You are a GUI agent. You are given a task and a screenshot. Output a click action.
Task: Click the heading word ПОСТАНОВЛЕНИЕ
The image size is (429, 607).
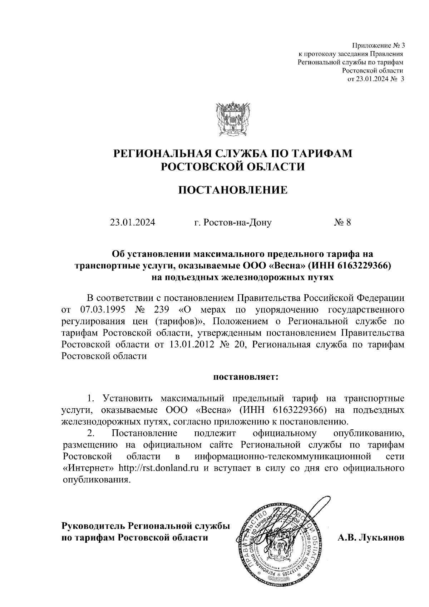tap(233, 190)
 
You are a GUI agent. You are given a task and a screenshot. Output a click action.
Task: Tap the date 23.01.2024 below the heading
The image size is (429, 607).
tap(133, 223)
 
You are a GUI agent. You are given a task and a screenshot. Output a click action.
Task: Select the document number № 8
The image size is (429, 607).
tap(342, 223)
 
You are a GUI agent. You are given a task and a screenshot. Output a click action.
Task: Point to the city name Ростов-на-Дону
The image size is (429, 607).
tap(233, 223)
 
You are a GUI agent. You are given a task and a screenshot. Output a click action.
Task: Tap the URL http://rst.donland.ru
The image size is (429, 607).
tap(158, 468)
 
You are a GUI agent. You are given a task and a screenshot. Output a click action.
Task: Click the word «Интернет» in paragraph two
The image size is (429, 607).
tap(88, 468)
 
